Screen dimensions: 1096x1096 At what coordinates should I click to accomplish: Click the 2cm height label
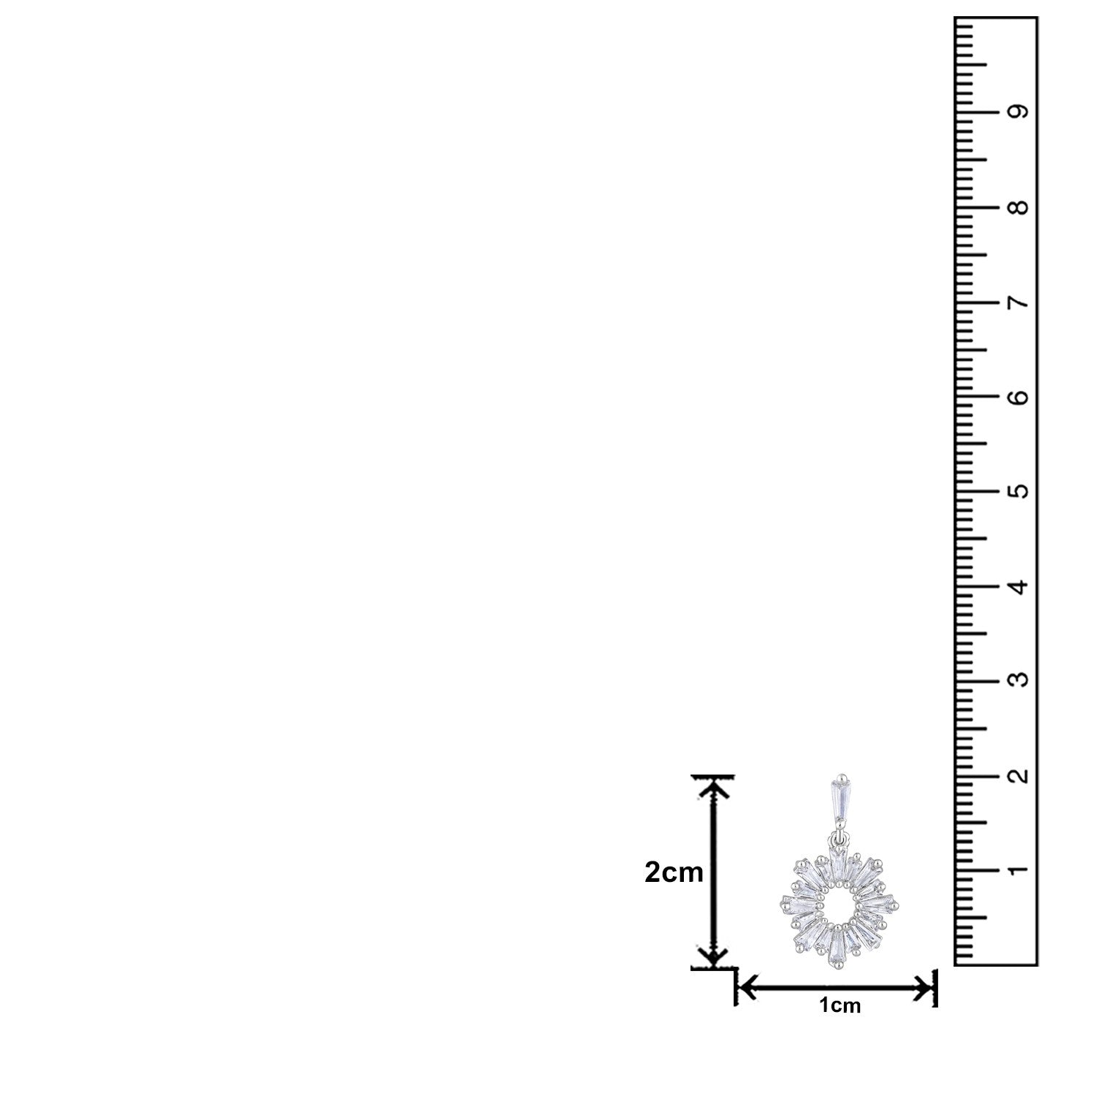(x=674, y=872)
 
